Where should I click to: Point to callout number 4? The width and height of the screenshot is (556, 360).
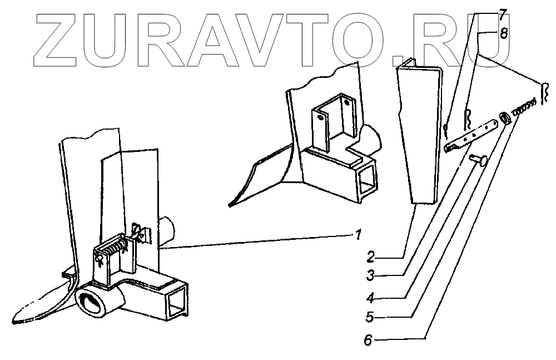pos(370,297)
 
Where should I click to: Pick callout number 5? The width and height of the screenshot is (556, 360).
pos(370,318)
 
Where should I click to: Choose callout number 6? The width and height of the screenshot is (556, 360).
pos(370,338)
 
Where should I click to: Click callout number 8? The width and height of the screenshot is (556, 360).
pos(503,33)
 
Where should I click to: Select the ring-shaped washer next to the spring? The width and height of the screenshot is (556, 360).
pos(504,117)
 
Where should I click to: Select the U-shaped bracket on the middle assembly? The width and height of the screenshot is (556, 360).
pos(334,122)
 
